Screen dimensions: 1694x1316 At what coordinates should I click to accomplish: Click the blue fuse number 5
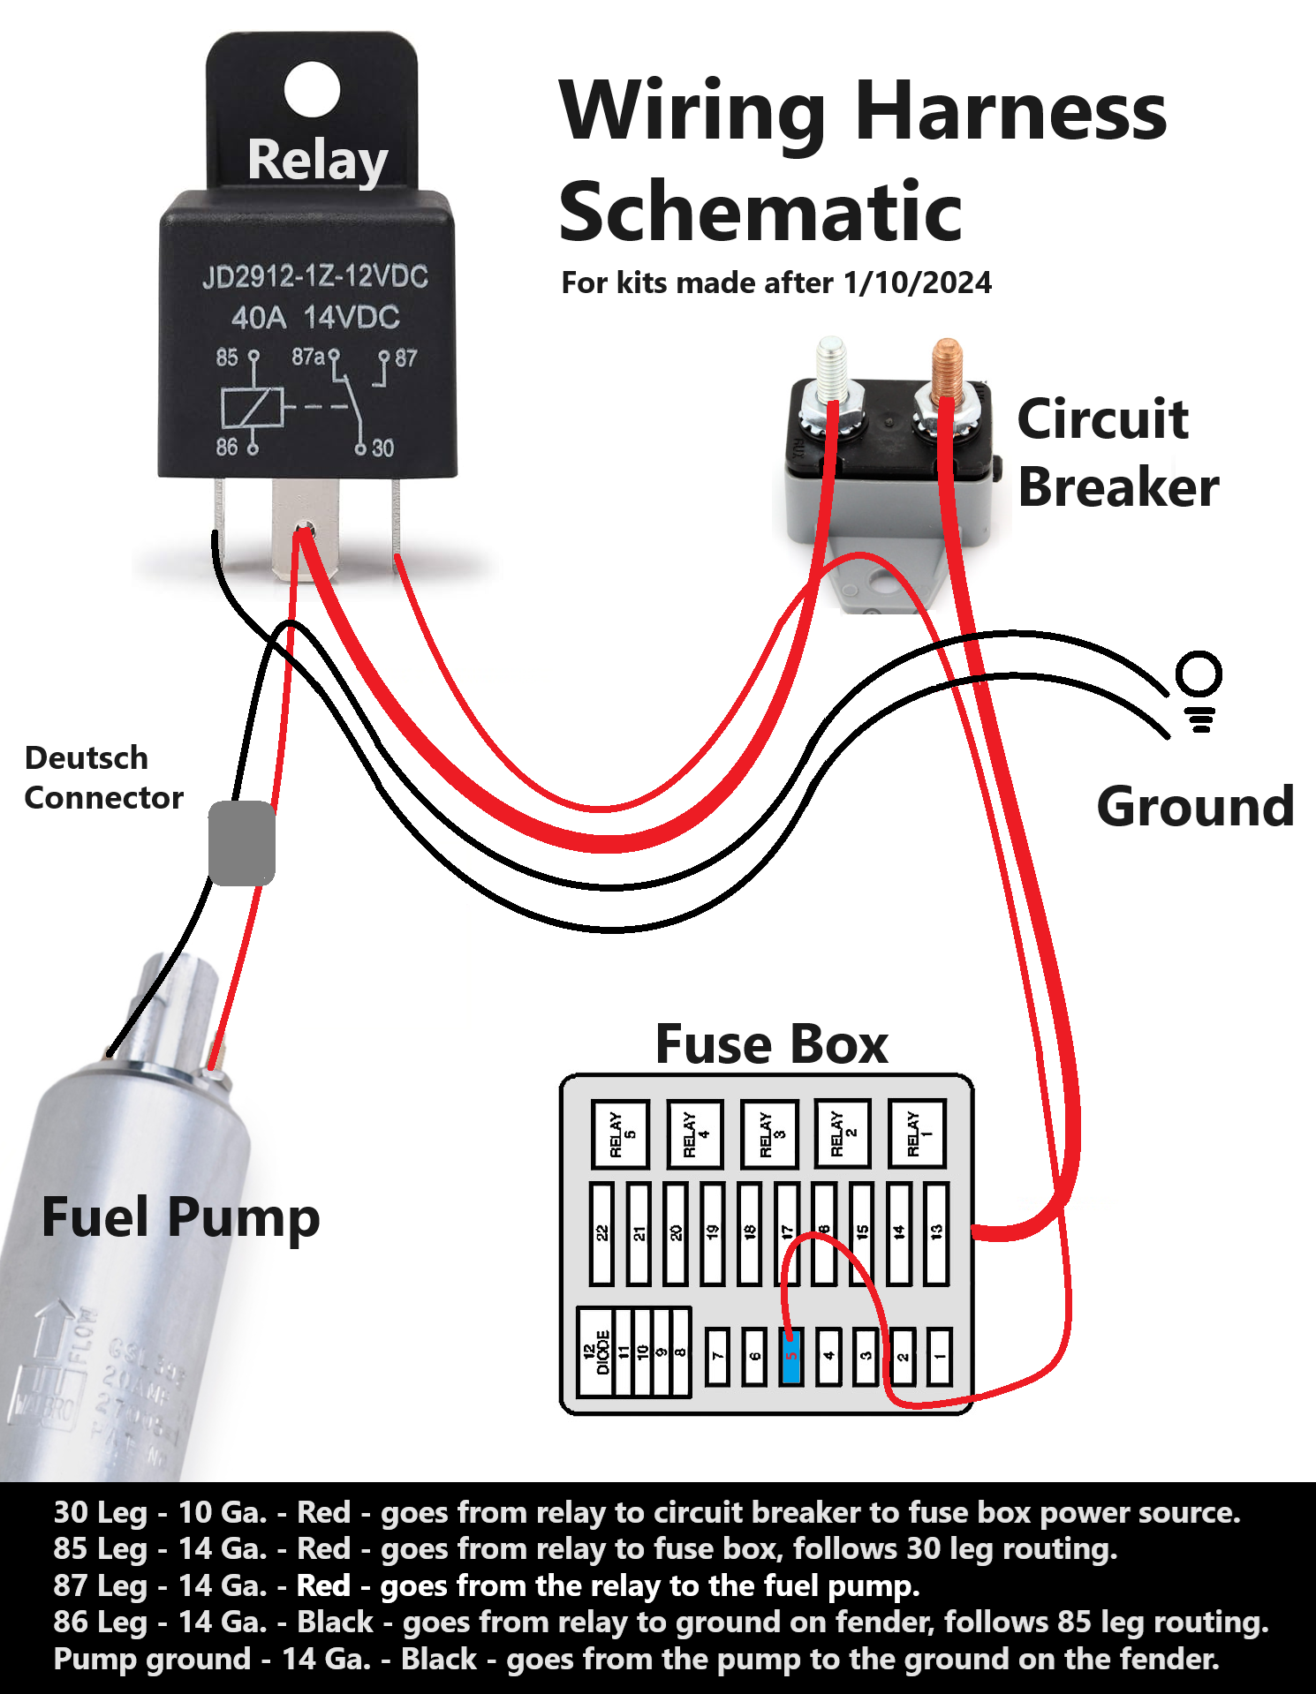[791, 1356]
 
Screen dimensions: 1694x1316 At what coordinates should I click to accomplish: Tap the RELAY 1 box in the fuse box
[917, 1133]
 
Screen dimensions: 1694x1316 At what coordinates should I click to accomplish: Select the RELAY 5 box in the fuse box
[620, 1134]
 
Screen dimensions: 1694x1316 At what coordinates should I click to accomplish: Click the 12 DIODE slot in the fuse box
[596, 1351]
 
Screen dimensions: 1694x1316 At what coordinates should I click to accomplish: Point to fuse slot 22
[602, 1233]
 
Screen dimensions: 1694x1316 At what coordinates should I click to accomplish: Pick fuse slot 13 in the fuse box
[936, 1233]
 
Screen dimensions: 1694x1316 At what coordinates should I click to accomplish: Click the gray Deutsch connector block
[241, 843]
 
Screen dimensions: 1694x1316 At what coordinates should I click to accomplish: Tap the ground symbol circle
[1199, 675]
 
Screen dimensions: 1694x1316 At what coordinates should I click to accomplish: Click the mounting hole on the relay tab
[312, 89]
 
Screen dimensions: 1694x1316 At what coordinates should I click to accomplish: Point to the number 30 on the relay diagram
[382, 448]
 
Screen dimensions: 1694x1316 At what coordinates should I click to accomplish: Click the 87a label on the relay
[308, 357]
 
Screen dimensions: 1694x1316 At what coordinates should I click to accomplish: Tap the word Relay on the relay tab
[317, 161]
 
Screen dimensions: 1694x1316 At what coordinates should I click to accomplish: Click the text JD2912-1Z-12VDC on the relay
[315, 277]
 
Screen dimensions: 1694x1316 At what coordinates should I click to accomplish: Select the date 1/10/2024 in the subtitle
[917, 282]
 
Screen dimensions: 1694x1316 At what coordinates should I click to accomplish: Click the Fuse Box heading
[771, 1045]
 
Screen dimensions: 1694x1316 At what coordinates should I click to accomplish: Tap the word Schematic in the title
[760, 212]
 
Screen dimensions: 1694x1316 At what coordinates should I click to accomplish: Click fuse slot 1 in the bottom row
[940, 1356]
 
